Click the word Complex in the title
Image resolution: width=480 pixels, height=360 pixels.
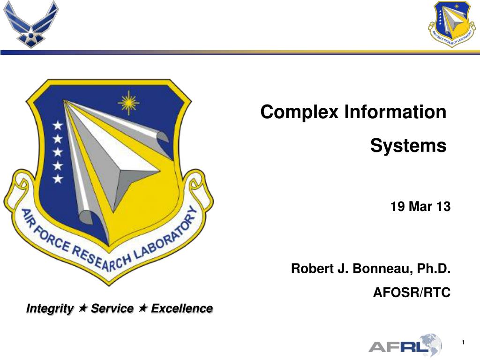(x=299, y=112)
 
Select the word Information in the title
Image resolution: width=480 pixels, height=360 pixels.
(x=395, y=112)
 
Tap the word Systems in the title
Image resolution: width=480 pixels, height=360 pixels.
(x=408, y=146)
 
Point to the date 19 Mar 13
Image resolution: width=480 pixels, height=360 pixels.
(x=420, y=206)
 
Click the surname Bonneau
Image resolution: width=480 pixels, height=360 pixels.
(x=380, y=269)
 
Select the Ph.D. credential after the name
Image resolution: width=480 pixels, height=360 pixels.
(x=434, y=268)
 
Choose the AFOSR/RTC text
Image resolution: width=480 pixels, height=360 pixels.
(x=412, y=292)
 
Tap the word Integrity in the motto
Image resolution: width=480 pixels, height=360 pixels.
(x=50, y=308)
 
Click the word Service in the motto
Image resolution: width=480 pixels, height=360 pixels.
(x=112, y=308)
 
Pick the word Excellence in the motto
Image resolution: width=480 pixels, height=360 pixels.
(x=182, y=308)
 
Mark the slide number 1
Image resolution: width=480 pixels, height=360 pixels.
(x=464, y=342)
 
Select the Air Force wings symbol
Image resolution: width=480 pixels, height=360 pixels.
(x=30, y=24)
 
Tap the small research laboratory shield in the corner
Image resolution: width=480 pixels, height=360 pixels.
(x=451, y=24)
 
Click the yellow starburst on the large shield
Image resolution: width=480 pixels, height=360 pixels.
(x=128, y=103)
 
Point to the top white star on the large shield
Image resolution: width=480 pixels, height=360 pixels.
(x=58, y=125)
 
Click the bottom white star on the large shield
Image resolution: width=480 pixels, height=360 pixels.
(x=58, y=179)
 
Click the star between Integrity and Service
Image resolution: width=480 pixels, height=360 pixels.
(x=82, y=307)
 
